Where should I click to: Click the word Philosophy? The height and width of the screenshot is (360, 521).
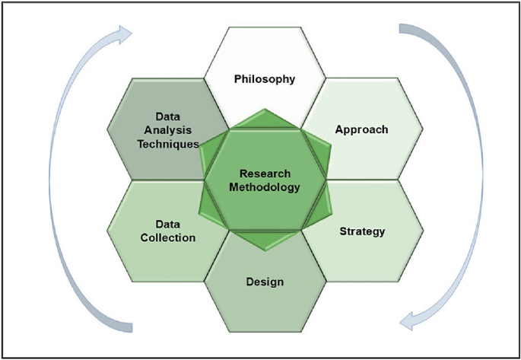click(x=265, y=79)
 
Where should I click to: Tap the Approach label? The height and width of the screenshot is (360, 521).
click(x=361, y=129)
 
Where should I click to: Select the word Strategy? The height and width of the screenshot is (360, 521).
click(x=362, y=231)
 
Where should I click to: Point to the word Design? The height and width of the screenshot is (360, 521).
click(x=265, y=282)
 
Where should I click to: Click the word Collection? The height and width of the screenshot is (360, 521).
click(x=167, y=237)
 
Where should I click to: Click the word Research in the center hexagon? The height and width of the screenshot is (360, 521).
click(x=265, y=173)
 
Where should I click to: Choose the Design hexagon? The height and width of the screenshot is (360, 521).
click(x=265, y=304)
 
